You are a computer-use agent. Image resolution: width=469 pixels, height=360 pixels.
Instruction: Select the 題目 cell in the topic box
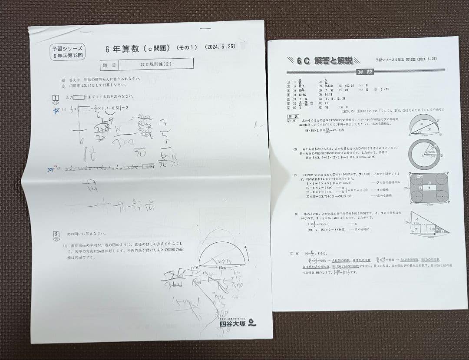pos(109,64)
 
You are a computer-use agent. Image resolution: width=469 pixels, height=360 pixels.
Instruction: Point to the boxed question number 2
pos(56,234)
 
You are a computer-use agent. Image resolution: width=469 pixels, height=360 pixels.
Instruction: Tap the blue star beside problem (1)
pos(56,110)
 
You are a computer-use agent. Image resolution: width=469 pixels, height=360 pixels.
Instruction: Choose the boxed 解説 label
pos(292,117)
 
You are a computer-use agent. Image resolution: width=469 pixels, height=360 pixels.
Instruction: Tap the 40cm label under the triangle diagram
pos(430,237)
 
